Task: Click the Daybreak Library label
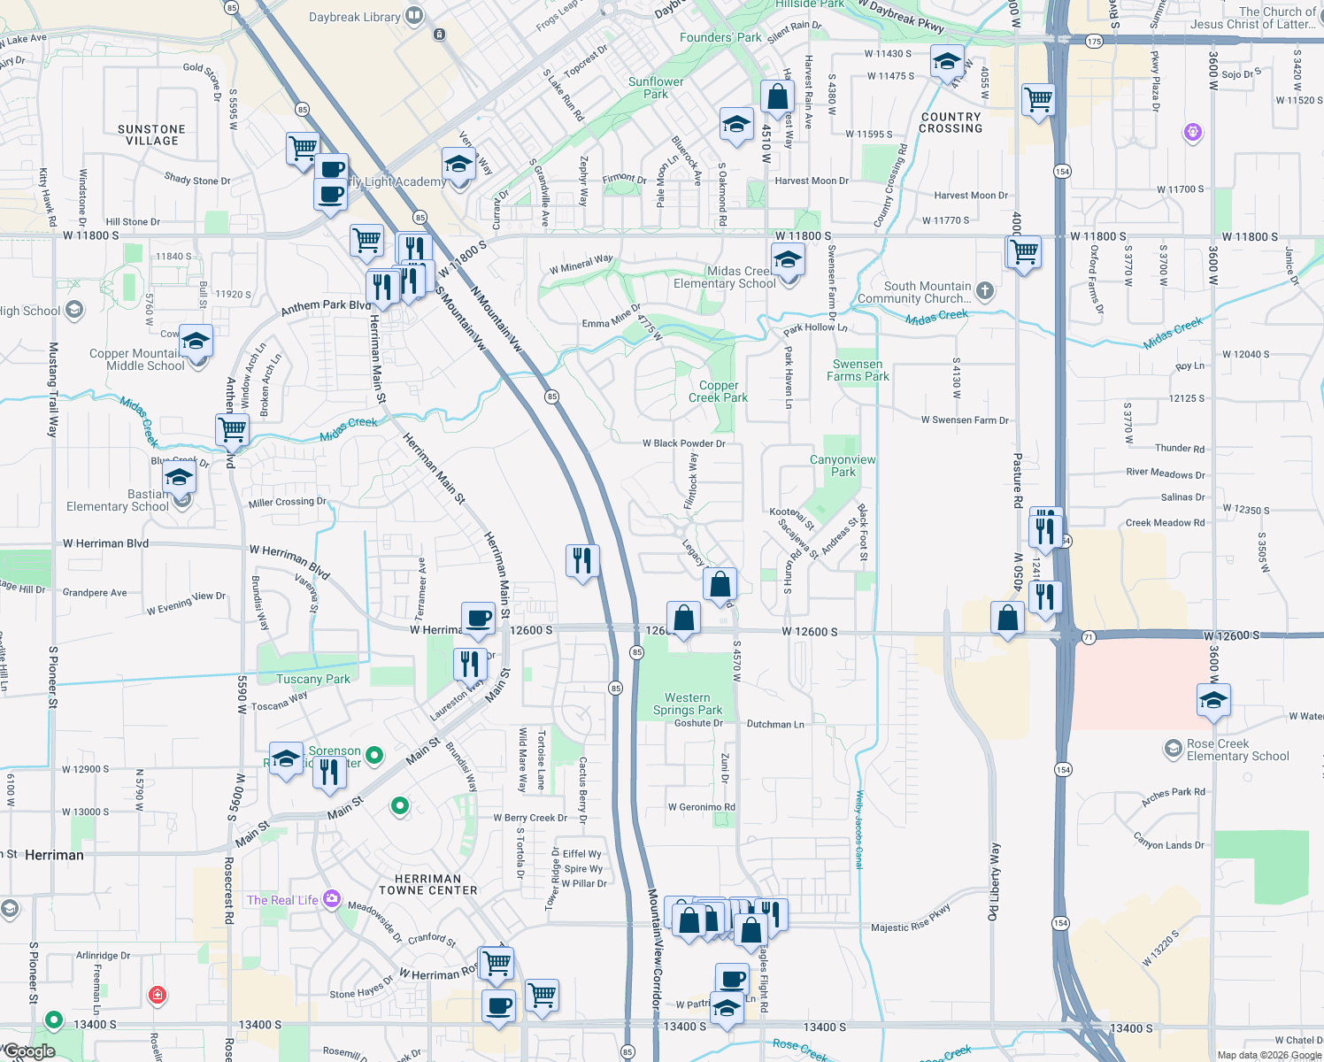pyautogui.click(x=354, y=18)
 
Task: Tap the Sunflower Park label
pyautogui.click(x=656, y=88)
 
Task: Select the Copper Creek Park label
pyautogui.click(x=718, y=392)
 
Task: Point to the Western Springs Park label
pyautogui.click(x=688, y=704)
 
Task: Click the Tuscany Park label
pyautogui.click(x=312, y=680)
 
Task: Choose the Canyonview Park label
pyautogui.click(x=843, y=466)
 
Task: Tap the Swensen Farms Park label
pyautogui.click(x=858, y=370)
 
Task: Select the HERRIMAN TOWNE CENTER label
pyautogui.click(x=428, y=885)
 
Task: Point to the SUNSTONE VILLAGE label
pyautogui.click(x=152, y=135)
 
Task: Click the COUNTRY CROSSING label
pyautogui.click(x=951, y=122)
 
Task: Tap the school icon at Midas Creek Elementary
pyautogui.click(x=787, y=261)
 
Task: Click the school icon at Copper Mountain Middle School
pyautogui.click(x=196, y=342)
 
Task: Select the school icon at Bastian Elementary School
pyautogui.click(x=179, y=478)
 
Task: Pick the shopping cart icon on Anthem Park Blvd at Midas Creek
pyautogui.click(x=232, y=430)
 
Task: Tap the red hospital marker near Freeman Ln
pyautogui.click(x=158, y=995)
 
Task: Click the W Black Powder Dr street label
pyautogui.click(x=684, y=443)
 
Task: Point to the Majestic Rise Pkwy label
pyautogui.click(x=911, y=921)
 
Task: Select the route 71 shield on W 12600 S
pyautogui.click(x=1089, y=637)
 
